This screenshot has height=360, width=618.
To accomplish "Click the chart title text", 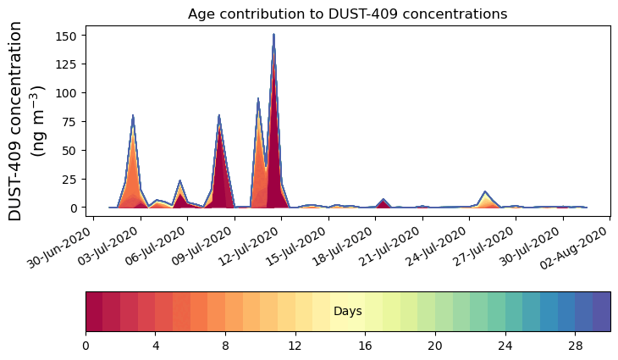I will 347,14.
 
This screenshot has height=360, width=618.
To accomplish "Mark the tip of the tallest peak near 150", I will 273,35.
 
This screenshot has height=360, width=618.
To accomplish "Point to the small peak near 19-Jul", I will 383,200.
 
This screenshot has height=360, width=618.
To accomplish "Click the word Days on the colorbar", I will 347,312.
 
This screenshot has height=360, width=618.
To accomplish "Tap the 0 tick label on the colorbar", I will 86,346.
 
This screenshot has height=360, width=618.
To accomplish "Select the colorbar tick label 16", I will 365,346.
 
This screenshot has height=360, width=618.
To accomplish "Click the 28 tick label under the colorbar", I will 575,346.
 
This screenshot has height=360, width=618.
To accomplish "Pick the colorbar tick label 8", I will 225,346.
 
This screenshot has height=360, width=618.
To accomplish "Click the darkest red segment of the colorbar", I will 94,311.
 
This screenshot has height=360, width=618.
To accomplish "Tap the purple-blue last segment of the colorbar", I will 601,311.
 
